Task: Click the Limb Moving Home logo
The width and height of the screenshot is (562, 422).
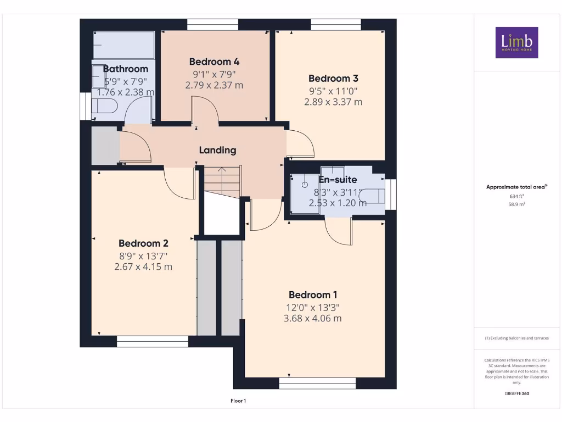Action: coord(516,42)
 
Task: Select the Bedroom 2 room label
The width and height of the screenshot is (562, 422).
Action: coord(143,243)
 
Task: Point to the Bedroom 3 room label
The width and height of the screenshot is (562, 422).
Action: coord(333,78)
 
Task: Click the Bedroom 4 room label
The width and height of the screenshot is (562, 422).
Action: coord(214,62)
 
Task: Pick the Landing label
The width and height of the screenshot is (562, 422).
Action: coord(217,150)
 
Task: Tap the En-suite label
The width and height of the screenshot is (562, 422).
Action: coord(338,180)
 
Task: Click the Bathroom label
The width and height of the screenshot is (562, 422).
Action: coord(126,69)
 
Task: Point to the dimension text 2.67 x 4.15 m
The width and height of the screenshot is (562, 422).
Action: coord(143,267)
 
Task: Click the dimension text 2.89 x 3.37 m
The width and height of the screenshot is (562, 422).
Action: coord(333,102)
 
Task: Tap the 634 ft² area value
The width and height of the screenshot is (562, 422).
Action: coord(516,196)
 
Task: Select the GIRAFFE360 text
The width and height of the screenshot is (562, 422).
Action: coord(516,393)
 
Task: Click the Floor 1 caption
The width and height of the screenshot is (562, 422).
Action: coord(238,401)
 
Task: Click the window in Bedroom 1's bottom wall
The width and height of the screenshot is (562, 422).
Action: coord(317,383)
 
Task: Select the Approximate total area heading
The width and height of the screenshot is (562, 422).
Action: coord(516,187)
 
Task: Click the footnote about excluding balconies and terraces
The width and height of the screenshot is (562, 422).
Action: coord(516,338)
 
